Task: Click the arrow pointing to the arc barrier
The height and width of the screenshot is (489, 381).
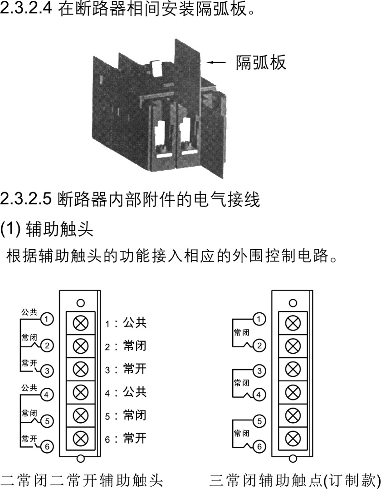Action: click(x=216, y=62)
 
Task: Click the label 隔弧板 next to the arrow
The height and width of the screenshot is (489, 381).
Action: click(x=261, y=62)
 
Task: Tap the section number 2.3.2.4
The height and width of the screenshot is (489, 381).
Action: click(x=26, y=9)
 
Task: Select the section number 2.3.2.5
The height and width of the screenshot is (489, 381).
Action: click(x=25, y=199)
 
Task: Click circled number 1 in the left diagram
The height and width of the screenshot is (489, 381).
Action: click(x=47, y=319)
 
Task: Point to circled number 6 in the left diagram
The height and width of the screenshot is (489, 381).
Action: click(x=47, y=446)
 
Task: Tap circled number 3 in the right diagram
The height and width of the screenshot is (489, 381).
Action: click(x=259, y=371)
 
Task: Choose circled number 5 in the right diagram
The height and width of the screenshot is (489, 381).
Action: click(x=259, y=421)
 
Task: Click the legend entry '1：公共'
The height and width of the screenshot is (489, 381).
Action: click(x=126, y=323)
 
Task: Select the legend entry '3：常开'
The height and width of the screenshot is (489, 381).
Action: click(x=126, y=369)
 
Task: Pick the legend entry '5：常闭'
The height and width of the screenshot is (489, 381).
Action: click(x=126, y=415)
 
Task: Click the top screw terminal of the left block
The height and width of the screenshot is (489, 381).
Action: click(x=81, y=323)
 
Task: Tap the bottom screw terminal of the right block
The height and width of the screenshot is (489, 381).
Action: click(x=293, y=439)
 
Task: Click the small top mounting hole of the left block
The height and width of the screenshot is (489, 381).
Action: click(x=81, y=303)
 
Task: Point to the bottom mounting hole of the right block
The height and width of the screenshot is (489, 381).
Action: click(x=293, y=459)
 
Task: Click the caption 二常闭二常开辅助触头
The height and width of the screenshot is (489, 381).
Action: click(x=82, y=480)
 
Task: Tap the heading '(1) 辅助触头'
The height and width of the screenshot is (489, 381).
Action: click(x=47, y=229)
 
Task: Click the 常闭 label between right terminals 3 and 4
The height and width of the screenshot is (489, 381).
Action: click(x=242, y=383)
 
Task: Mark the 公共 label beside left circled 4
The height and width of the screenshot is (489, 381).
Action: click(x=29, y=388)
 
